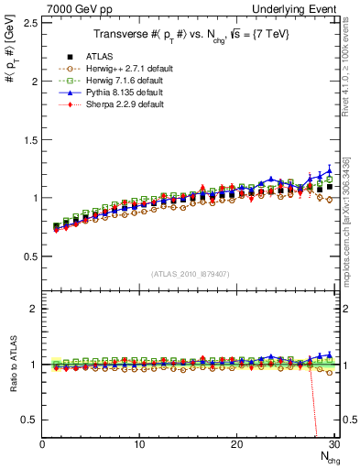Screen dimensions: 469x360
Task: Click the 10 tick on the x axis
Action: click(x=139, y=445)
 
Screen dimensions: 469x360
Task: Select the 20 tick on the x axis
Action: click(x=236, y=445)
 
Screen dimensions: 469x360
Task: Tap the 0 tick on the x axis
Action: click(x=42, y=445)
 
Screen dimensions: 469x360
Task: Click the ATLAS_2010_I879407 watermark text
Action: click(x=190, y=274)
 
